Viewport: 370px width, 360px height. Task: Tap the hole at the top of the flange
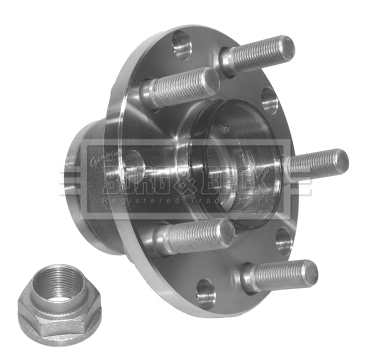point(181,46)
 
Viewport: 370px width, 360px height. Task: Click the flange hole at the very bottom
point(206,295)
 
